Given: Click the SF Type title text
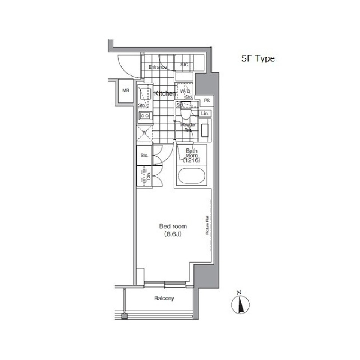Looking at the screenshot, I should pyautogui.click(x=258, y=58).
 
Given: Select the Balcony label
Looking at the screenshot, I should pyautogui.click(x=164, y=298).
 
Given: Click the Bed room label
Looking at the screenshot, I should pyautogui.click(x=173, y=226).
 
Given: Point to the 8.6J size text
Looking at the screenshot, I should pyautogui.click(x=173, y=234).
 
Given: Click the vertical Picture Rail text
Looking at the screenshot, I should pyautogui.click(x=207, y=225).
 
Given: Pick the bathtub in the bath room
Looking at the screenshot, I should pyautogui.click(x=191, y=176).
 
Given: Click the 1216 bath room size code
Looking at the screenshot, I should pyautogui.click(x=192, y=160).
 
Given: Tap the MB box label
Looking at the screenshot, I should pyautogui.click(x=125, y=90).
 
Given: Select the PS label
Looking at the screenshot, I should pyautogui.click(x=207, y=101).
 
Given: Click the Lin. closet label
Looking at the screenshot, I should pyautogui.click(x=205, y=113).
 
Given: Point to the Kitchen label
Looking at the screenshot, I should pyautogui.click(x=165, y=93).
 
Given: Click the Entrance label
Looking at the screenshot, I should pyautogui.click(x=157, y=67).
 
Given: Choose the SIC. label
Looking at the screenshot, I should pyautogui.click(x=184, y=64).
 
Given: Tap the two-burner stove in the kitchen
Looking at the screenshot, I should pyautogui.click(x=145, y=116).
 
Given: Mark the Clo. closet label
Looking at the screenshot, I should pyautogui.click(x=148, y=177).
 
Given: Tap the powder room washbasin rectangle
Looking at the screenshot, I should pyautogui.click(x=205, y=130).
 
